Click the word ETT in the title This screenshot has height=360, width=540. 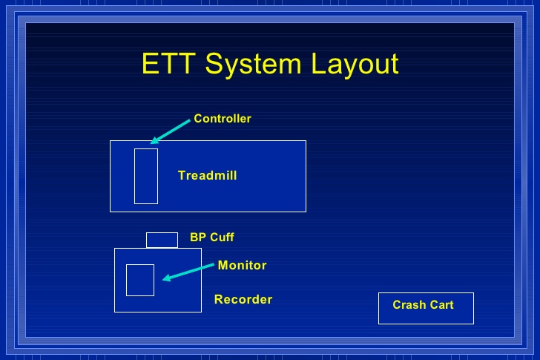(168, 63)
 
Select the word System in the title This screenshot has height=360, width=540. (253, 65)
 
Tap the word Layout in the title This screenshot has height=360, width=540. (355, 65)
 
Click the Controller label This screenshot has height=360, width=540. (223, 119)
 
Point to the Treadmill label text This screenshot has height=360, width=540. (208, 175)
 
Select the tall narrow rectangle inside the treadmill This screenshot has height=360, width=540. (146, 149)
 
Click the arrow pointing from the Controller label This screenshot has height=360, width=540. (170, 131)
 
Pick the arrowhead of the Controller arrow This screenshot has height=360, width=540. (154, 140)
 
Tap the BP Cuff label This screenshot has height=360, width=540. (212, 238)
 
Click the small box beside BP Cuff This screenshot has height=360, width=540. (162, 233)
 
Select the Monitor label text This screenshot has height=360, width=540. (242, 265)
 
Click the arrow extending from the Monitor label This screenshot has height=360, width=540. (188, 272)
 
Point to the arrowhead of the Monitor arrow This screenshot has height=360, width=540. (166, 278)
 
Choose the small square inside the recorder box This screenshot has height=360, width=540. (140, 265)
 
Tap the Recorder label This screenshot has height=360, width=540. (243, 299)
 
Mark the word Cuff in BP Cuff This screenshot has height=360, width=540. (222, 238)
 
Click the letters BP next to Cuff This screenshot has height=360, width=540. (198, 238)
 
